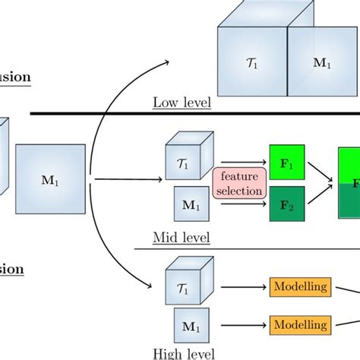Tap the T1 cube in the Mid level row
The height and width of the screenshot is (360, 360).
185,160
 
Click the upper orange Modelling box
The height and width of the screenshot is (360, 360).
300,287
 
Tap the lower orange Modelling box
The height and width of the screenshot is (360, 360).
300,325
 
